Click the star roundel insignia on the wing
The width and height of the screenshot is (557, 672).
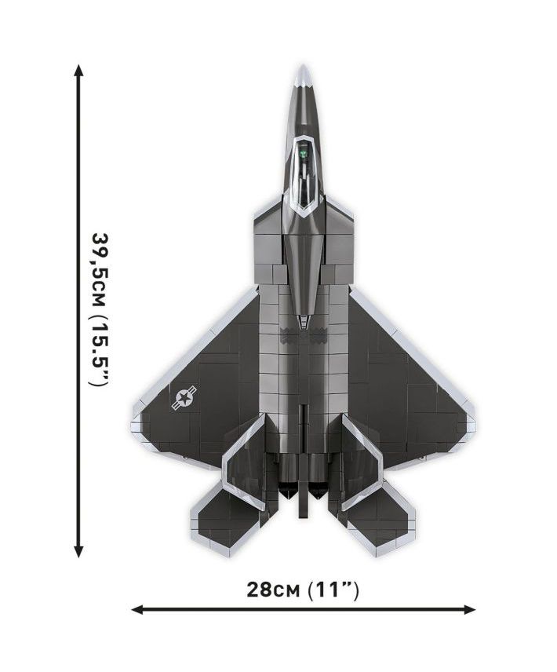184,397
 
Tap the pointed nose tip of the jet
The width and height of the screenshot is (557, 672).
303,66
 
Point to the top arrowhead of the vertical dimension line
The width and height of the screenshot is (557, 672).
78,70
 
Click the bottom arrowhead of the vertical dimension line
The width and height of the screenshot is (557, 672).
78,552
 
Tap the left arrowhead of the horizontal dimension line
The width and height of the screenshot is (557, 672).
137,609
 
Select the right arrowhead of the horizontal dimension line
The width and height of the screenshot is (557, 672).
469,609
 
